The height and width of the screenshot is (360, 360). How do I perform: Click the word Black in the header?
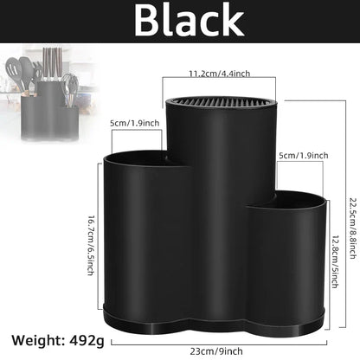pos(190,20)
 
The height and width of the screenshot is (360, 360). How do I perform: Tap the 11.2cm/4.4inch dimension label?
pos(219,74)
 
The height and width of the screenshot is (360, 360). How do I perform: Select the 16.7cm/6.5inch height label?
pos(91,245)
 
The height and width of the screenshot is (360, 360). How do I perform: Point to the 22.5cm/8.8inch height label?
pos(353,228)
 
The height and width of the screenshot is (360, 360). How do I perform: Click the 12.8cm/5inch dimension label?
pos(335,261)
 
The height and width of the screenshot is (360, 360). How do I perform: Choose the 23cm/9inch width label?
pos(216,351)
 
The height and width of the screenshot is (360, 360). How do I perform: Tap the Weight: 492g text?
pos(58,341)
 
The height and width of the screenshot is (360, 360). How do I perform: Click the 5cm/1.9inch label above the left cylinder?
pos(134,123)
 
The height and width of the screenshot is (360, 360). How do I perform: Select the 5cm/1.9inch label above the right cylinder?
pos(304,156)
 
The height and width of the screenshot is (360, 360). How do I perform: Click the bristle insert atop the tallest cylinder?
pos(222,101)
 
